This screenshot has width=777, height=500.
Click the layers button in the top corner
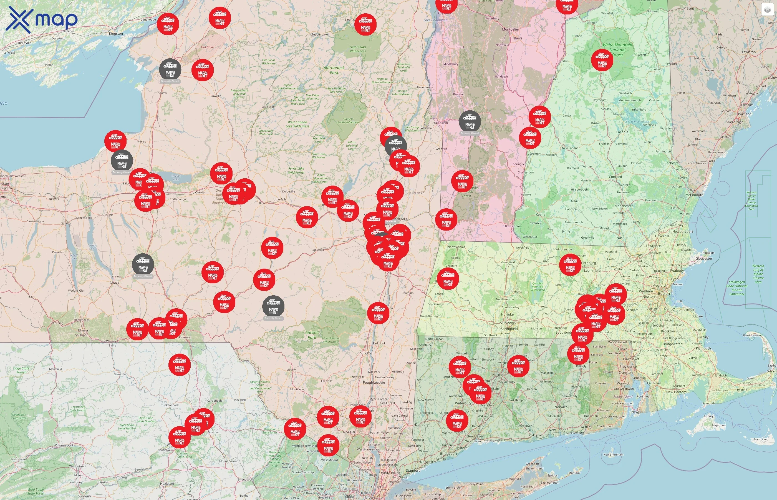[x=767, y=10]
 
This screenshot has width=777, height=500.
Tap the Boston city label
[x=664, y=294]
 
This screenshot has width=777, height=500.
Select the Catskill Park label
[x=312, y=335]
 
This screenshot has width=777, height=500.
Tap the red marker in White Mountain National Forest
[x=602, y=60]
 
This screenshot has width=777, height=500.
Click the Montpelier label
[x=510, y=29]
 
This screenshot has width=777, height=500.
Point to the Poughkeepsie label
[x=374, y=382]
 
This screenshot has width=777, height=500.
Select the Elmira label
[x=83, y=330]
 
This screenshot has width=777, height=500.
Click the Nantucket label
[x=760, y=439]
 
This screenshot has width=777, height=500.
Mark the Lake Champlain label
[x=435, y=20]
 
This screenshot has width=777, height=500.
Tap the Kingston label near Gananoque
[x=116, y=33]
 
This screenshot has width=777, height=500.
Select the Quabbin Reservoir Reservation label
[x=537, y=286]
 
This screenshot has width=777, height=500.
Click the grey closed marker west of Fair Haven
[x=470, y=121]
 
